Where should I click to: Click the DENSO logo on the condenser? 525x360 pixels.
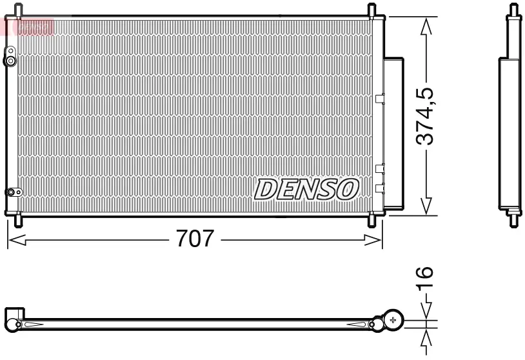[x=306, y=188]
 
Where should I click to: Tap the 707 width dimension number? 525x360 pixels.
[x=195, y=239]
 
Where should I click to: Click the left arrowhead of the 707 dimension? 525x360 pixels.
[x=14, y=240]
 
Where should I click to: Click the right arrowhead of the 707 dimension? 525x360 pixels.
[x=375, y=240]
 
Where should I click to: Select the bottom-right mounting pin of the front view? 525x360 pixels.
[x=372, y=221]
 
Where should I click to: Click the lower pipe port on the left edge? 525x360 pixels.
[x=12, y=192]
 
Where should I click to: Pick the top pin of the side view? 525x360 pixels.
[x=513, y=11]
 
